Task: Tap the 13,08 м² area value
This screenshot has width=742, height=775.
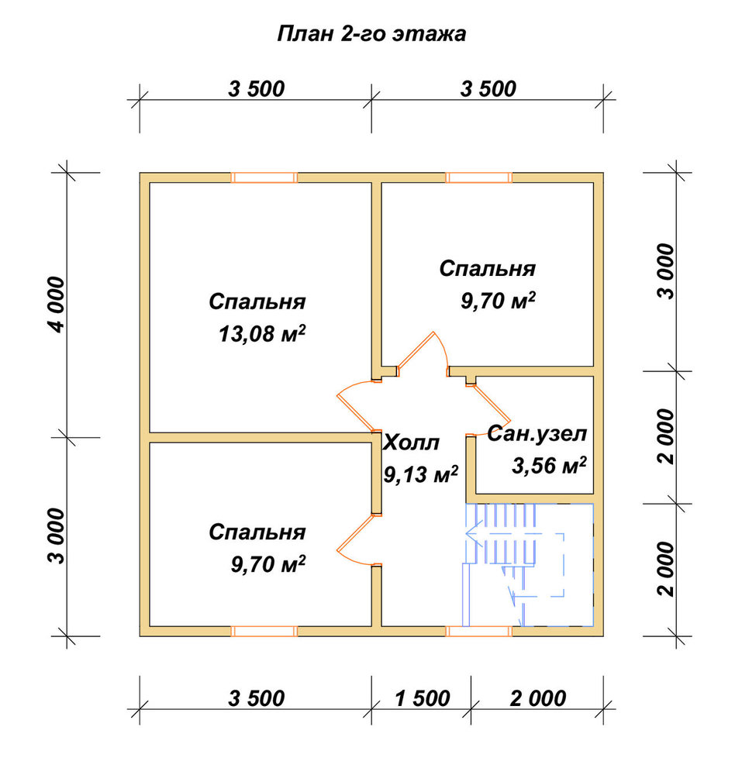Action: pyautogui.click(x=262, y=334)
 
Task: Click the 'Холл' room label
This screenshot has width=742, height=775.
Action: pyautogui.click(x=411, y=443)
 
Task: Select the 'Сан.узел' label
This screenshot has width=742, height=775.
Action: pyautogui.click(x=537, y=434)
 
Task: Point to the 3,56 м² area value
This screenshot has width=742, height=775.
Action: pyautogui.click(x=549, y=465)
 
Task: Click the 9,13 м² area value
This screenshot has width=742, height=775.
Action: pyautogui.click(x=421, y=474)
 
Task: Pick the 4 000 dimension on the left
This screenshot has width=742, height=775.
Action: pyautogui.click(x=57, y=305)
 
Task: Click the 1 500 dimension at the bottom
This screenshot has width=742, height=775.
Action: pyautogui.click(x=423, y=699)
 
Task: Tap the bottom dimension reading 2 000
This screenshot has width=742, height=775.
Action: pyautogui.click(x=538, y=699)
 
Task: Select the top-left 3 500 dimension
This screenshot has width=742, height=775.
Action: pyautogui.click(x=257, y=89)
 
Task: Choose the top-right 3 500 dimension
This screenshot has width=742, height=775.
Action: pyautogui.click(x=488, y=89)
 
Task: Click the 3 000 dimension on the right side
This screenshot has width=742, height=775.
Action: pyautogui.click(x=666, y=270)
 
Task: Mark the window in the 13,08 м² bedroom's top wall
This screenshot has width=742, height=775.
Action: pyautogui.click(x=264, y=177)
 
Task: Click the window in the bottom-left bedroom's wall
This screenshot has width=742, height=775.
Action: pyautogui.click(x=264, y=631)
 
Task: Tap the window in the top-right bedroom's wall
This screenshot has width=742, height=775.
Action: pyautogui.click(x=478, y=177)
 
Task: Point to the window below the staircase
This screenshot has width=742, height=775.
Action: pyautogui.click(x=478, y=631)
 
